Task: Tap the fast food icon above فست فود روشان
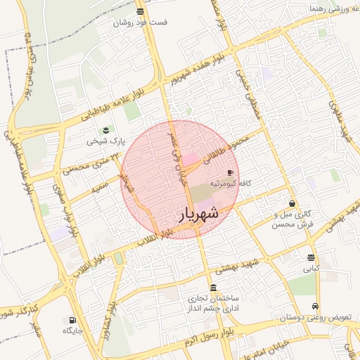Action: click(141, 11)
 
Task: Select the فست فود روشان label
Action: click(143, 22)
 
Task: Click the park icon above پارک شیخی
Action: click(106, 130)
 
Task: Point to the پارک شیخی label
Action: click(105, 141)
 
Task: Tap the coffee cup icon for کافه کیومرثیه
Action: click(230, 172)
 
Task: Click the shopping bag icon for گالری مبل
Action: click(292, 203)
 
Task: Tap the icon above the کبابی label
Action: click(311, 257)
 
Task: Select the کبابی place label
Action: click(311, 269)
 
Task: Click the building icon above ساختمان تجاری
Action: click(214, 287)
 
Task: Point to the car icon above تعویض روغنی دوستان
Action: click(316, 307)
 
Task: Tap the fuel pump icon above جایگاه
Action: click(72, 320)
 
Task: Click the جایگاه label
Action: click(73, 330)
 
